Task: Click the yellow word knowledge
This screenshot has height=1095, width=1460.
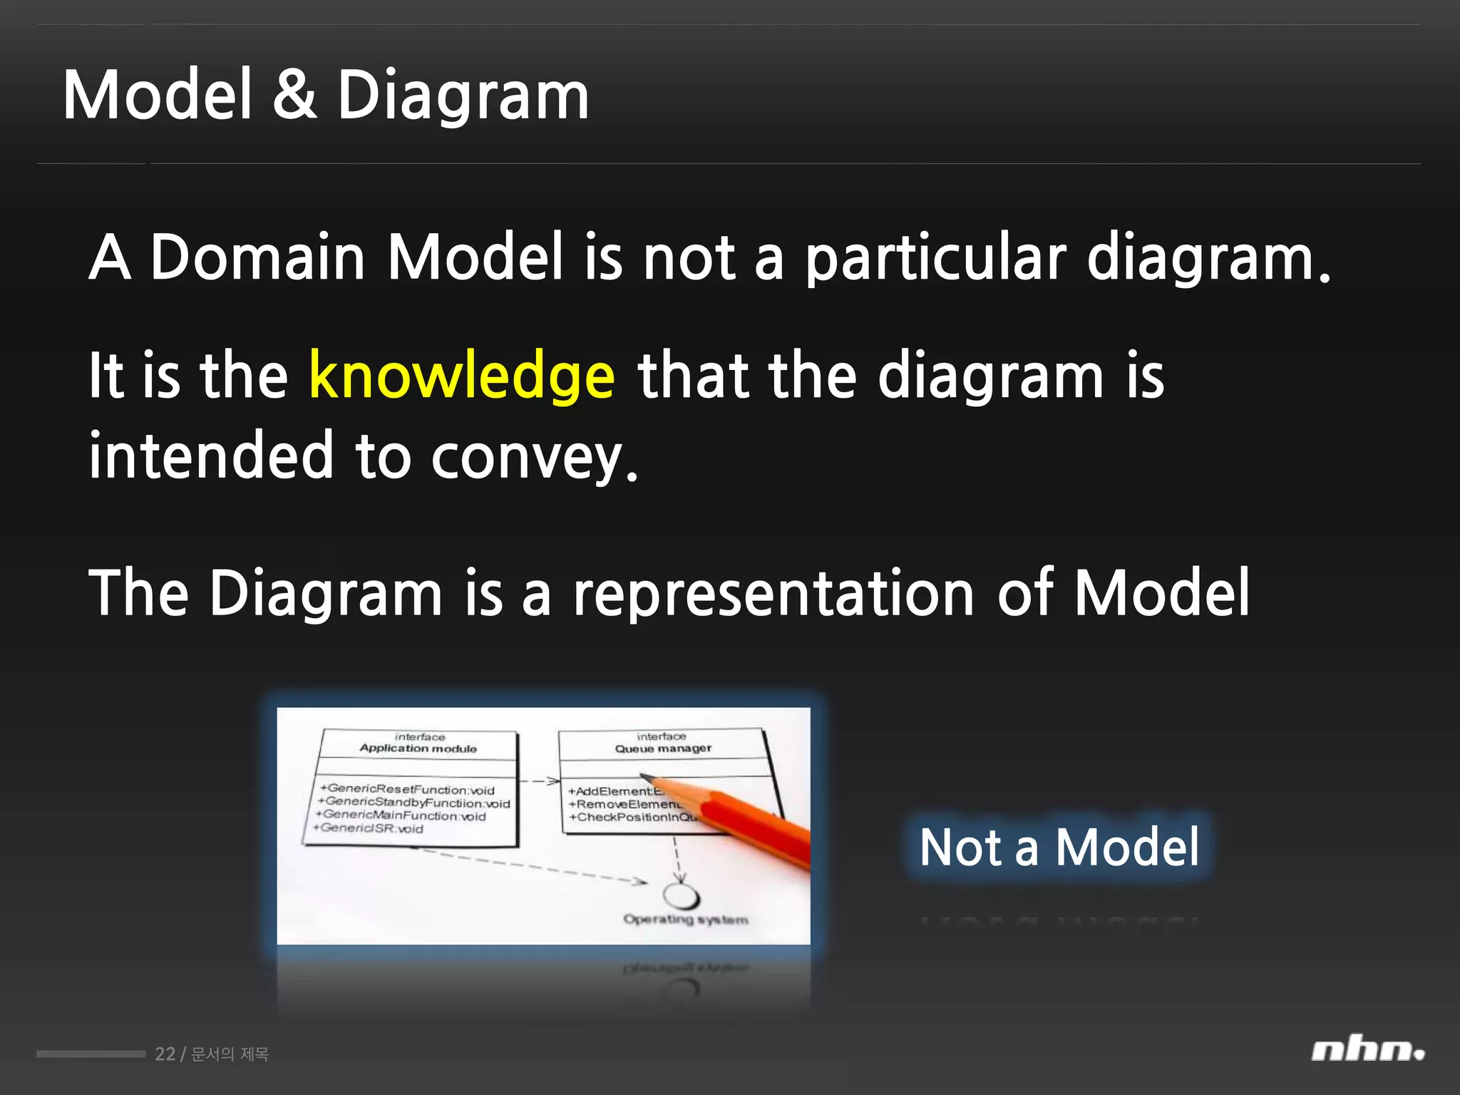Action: point(461,376)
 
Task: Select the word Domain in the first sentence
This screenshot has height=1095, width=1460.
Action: point(257,257)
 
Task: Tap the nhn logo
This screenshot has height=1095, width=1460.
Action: point(1367,1051)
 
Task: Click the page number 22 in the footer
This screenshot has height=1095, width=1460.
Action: point(165,1054)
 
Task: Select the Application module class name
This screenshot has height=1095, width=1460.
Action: point(418,749)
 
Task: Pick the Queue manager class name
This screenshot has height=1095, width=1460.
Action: point(663,749)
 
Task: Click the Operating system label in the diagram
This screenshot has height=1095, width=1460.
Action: point(686,920)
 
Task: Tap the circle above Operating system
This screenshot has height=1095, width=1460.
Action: point(681,896)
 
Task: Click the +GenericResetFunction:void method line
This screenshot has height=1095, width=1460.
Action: point(408,790)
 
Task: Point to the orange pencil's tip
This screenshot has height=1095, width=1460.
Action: point(644,777)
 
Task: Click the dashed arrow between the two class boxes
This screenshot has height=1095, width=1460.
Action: point(539,781)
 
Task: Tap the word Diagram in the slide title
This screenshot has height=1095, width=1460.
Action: point(463,96)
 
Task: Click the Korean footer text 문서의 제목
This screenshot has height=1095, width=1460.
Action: point(230,1054)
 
